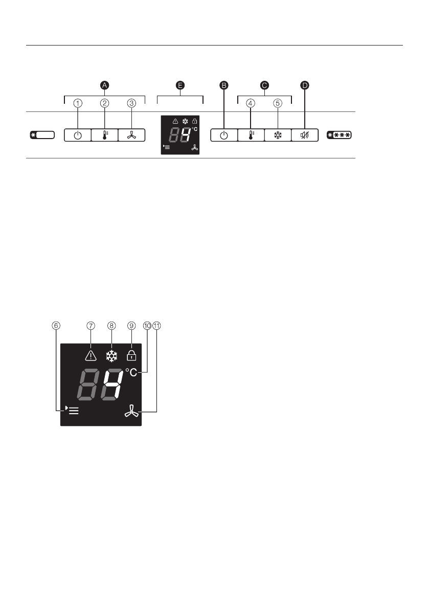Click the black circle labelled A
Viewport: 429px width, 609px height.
tap(104, 86)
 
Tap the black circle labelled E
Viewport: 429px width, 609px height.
tap(180, 86)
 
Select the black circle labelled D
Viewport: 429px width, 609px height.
tap(305, 86)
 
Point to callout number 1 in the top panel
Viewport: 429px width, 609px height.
tap(77, 103)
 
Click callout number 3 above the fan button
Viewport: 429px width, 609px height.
tap(131, 103)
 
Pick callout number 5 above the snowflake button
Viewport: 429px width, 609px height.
tap(278, 103)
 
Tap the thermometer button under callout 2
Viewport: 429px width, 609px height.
tap(104, 136)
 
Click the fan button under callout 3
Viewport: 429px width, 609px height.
tap(131, 136)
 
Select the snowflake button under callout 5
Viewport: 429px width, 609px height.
tap(278, 136)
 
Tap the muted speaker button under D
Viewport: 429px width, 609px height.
tap(305, 136)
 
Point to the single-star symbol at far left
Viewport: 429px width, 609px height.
tap(41, 136)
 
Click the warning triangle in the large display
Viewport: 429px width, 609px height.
tap(91, 355)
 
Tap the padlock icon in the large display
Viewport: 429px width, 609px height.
tap(131, 355)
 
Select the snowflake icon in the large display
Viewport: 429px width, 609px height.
tap(111, 355)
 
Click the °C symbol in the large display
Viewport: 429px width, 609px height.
tap(131, 373)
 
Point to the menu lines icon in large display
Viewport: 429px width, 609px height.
tap(72, 410)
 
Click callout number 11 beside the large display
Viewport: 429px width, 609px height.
tap(156, 325)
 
